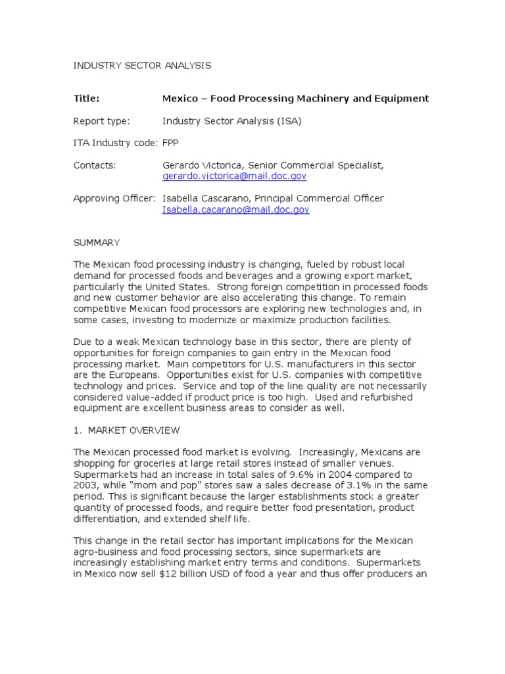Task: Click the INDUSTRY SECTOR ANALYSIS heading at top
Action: coord(142,65)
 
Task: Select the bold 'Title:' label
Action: coord(86,99)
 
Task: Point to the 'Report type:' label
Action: coord(101,121)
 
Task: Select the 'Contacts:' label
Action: coord(95,165)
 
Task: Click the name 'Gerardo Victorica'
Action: coord(203,165)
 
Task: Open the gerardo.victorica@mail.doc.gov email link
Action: coord(234,176)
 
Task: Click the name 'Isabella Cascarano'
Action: coord(206,199)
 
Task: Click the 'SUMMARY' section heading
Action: coord(97,243)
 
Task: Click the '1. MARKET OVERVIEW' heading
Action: coord(126,430)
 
